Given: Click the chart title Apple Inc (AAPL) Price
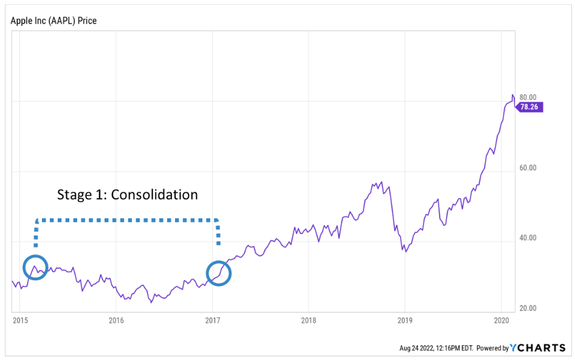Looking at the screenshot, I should click(53, 21).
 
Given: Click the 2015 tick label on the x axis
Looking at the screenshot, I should click(20, 320).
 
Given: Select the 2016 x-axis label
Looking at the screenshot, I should click(116, 320).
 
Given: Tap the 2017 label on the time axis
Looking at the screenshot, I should click(213, 320).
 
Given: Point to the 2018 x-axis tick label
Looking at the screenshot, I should click(309, 320).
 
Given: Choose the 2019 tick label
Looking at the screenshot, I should click(405, 320).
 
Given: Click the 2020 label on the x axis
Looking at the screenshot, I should click(501, 320).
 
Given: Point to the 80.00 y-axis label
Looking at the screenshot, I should click(528, 97).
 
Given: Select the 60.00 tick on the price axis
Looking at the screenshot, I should click(528, 168).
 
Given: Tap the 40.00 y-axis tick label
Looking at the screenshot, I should click(528, 238).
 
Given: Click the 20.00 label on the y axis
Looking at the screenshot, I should click(528, 309).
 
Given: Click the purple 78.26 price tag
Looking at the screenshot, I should click(530, 107).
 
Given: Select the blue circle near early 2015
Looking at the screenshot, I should click(35, 267).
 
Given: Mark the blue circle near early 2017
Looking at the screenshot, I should click(219, 273).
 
